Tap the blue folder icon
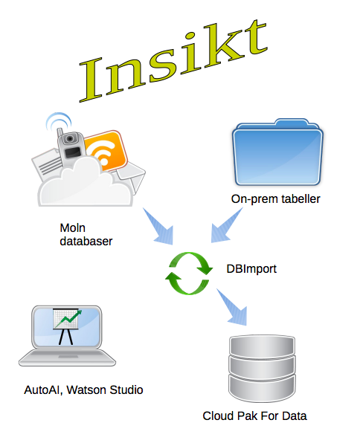277,152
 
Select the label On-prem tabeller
275,199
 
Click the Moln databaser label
86,234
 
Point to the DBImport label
251,269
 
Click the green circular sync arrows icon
189,273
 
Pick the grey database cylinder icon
262,369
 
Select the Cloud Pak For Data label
254,416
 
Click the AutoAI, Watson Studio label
83,390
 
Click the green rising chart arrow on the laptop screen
68,319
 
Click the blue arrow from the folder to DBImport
227,225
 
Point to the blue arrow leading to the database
231,307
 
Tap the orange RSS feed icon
106,151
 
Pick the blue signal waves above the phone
58,121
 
